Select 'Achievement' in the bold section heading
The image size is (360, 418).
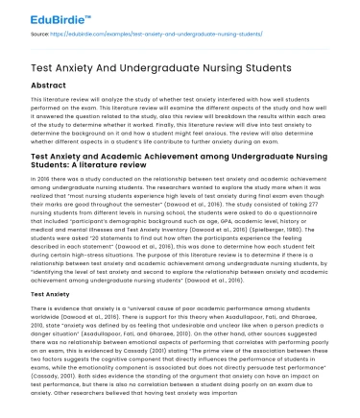(174, 155)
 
